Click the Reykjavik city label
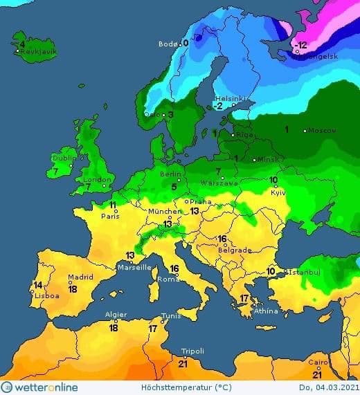coord(38,52)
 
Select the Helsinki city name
coord(229,98)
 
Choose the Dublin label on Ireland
coord(64,158)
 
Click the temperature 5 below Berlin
coord(174,186)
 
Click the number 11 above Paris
coord(113,205)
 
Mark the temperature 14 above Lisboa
coord(38,285)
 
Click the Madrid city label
coord(80,278)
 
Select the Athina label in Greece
coord(265,311)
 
